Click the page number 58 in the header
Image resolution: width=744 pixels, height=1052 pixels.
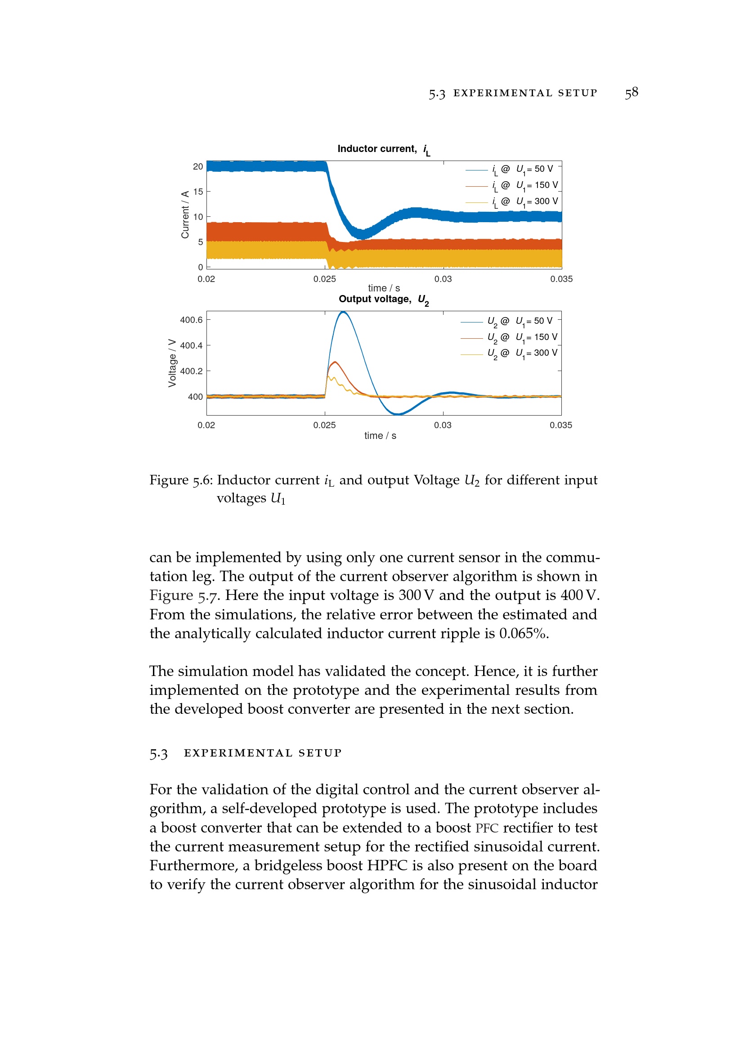[x=631, y=93]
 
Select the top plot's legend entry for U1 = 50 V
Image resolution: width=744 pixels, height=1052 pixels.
[x=522, y=170]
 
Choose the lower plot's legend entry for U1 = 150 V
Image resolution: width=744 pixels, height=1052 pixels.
[x=522, y=338]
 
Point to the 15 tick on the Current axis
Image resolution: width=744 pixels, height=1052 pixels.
[x=198, y=192]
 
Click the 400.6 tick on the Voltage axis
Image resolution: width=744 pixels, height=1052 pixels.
[x=191, y=320]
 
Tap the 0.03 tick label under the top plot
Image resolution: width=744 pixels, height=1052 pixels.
[x=443, y=279]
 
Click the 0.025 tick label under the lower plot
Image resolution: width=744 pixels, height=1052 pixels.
[x=324, y=425]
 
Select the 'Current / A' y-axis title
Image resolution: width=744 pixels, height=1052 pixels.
[x=185, y=215]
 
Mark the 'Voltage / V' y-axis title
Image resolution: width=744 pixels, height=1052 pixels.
[x=172, y=363]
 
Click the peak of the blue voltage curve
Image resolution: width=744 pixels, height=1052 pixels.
[x=343, y=313]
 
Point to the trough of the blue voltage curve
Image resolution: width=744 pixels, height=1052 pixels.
[x=398, y=414]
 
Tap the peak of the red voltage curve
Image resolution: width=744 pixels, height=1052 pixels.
[x=335, y=363]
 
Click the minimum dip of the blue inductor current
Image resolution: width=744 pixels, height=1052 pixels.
[x=362, y=235]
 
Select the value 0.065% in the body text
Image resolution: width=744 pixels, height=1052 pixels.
[x=524, y=633]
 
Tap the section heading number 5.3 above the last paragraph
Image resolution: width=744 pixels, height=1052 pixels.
[x=158, y=753]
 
